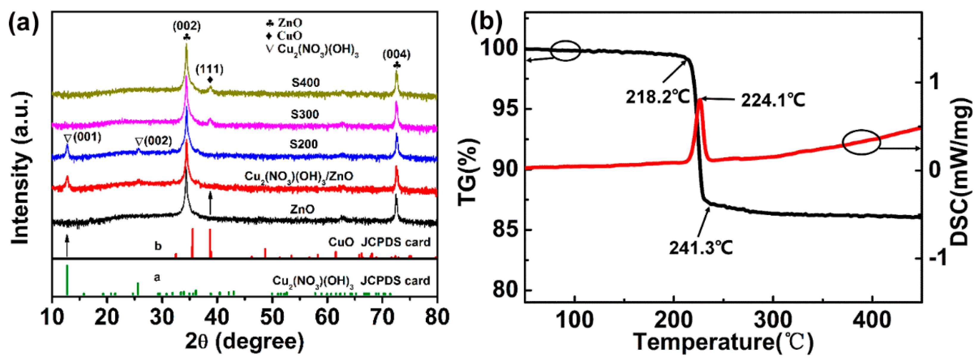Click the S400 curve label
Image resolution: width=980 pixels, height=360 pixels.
(306, 82)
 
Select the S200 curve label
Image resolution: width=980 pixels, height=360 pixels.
(303, 144)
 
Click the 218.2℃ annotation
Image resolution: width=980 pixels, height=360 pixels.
(658, 97)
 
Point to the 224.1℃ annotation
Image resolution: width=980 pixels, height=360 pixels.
(773, 100)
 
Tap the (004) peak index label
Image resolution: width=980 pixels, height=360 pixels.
(396, 55)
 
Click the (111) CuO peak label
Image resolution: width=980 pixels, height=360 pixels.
(210, 70)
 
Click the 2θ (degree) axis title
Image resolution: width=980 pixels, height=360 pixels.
(244, 341)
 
